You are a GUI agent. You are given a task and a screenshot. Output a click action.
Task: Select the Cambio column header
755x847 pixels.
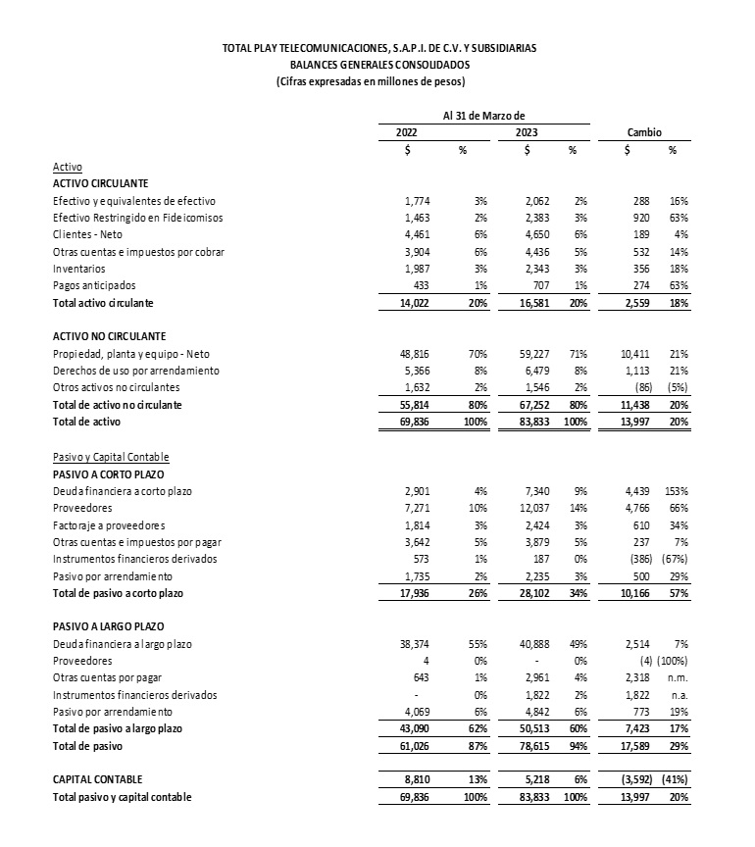[x=644, y=131]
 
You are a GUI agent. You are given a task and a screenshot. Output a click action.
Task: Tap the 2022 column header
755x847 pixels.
[x=408, y=131]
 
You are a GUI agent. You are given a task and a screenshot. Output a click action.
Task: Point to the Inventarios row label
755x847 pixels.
[x=80, y=268]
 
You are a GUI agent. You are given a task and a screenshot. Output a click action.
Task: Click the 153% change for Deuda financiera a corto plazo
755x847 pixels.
[x=674, y=489]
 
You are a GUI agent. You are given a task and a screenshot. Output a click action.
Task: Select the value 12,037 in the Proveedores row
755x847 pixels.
[x=533, y=507]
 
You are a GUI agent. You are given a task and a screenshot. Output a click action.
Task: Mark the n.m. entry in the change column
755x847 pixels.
[x=676, y=676]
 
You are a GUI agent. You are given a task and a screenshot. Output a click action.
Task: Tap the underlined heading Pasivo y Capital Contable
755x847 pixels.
[x=111, y=455]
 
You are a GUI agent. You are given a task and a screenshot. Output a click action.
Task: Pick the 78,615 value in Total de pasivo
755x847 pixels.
[x=533, y=745]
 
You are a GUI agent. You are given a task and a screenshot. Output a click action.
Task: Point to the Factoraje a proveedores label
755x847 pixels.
[x=109, y=523]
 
